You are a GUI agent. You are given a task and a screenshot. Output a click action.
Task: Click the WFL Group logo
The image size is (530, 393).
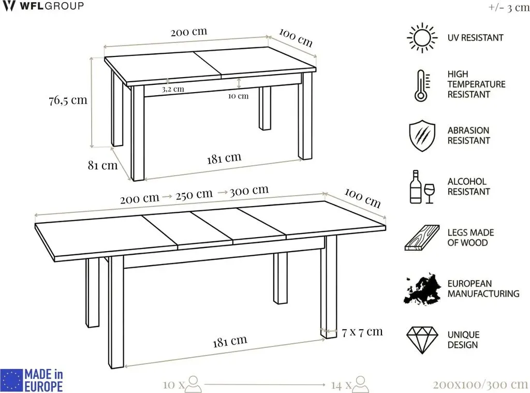(42, 6)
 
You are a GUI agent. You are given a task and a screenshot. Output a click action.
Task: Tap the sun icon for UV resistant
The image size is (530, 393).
(421, 38)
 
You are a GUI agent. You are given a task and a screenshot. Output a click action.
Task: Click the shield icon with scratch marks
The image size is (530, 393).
(422, 135)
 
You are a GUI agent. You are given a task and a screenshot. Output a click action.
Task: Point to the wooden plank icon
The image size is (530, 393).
(422, 238)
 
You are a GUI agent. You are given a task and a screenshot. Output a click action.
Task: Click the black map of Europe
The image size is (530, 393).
(422, 288)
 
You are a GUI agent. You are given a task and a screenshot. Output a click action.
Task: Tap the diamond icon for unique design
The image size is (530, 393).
(422, 340)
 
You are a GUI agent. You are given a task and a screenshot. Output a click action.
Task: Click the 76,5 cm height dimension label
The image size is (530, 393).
(68, 100)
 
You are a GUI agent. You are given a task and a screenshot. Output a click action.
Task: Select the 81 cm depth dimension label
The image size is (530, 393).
(103, 165)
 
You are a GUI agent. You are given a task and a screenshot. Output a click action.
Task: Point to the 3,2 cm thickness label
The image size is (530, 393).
(173, 89)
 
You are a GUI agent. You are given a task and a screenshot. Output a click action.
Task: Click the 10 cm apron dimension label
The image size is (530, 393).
(238, 96)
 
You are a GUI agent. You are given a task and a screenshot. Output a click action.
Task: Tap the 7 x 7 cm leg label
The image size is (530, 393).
(362, 332)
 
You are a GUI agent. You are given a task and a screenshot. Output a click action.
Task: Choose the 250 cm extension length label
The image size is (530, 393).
(194, 195)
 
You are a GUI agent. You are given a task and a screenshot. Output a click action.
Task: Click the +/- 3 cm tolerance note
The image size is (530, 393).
(509, 7)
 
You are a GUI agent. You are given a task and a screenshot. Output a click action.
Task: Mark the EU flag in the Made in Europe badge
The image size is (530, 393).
(11, 380)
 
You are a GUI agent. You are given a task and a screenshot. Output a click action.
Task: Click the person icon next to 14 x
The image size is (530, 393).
(361, 384)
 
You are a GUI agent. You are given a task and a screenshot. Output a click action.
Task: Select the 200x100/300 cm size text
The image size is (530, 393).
(480, 385)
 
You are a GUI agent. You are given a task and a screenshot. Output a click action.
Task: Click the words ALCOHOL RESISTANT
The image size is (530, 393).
(468, 186)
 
